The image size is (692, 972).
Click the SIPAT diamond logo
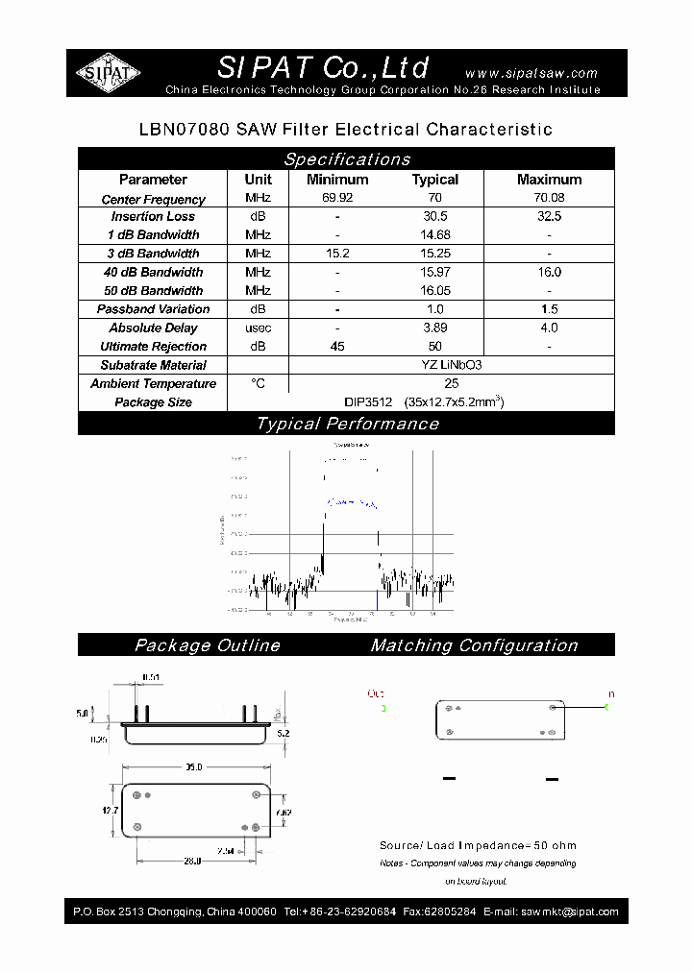[108, 73]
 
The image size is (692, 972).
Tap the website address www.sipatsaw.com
[531, 73]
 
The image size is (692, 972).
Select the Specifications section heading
[346, 159]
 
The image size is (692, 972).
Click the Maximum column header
[549, 180]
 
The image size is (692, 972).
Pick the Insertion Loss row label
[153, 217]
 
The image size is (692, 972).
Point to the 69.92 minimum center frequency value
[336, 199]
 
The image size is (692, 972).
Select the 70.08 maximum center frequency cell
[549, 199]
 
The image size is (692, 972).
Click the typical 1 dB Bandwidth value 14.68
[434, 235]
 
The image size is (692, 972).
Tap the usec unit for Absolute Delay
[258, 328]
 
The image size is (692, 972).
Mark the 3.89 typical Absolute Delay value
[434, 328]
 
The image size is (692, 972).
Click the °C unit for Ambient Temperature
[258, 383]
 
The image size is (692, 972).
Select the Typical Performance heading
[346, 424]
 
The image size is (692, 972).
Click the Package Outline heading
[207, 645]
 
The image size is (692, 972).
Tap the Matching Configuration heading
[474, 645]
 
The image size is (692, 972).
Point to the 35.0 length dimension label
[194, 767]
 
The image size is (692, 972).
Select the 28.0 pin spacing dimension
[191, 862]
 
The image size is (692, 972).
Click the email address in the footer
[567, 911]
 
